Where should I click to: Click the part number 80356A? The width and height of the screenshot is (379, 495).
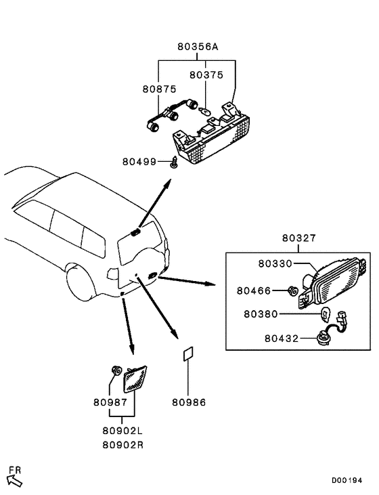[198, 47]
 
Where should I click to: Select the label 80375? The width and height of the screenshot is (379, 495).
[205, 75]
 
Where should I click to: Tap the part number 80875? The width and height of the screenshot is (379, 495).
[158, 89]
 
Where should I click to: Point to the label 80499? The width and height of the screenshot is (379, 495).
[139, 162]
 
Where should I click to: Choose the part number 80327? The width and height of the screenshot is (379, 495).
[299, 238]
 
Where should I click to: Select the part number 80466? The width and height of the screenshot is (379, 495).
[254, 290]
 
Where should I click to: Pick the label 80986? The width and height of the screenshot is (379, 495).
[189, 402]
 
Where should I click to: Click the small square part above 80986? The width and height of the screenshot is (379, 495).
[188, 355]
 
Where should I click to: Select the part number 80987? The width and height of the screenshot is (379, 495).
[110, 402]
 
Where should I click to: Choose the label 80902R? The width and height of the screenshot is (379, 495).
[122, 445]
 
